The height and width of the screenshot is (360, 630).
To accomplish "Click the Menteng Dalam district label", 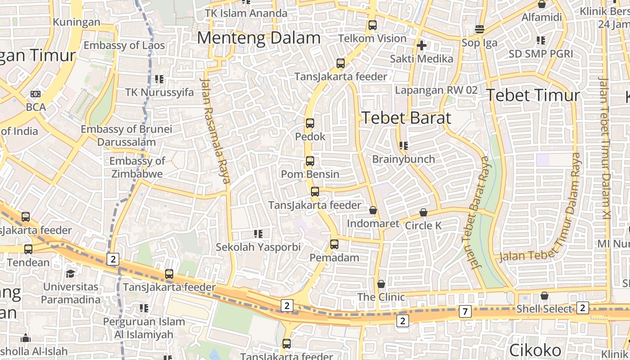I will coord(259,38).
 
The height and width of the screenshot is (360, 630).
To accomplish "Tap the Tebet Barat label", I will coord(406,118).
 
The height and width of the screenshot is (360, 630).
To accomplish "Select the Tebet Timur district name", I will coord(533,95).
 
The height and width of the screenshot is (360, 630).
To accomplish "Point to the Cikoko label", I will coord(535,350).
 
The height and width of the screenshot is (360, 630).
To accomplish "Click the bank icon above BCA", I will coord(36,94).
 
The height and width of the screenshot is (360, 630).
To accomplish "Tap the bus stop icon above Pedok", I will coord(310,123).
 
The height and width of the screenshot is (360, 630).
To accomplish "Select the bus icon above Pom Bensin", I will coord(310,161).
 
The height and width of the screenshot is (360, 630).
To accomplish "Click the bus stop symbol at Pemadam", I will coord(334,244).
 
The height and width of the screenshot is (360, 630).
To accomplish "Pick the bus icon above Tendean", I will coord(28,249).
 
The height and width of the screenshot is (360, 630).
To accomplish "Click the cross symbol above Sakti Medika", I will coord(421,45).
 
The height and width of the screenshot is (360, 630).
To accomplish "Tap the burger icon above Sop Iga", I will coord(480,30).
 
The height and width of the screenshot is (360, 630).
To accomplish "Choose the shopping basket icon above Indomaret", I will coord(373,210).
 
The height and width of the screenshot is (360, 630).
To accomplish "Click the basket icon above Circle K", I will coord(423,212).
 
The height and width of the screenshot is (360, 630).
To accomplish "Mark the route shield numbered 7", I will coord(465,311).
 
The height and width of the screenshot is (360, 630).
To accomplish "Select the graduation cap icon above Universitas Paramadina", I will coord(71,274).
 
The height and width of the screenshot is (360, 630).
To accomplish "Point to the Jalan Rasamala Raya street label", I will coord(215,130).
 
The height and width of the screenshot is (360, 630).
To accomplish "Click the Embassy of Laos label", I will coord(124,45).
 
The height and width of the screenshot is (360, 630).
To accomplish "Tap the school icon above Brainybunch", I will coord(404,145).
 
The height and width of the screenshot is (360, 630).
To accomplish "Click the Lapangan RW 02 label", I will coord(436,90).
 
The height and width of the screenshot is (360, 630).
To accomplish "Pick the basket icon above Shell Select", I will coord(544,296).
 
